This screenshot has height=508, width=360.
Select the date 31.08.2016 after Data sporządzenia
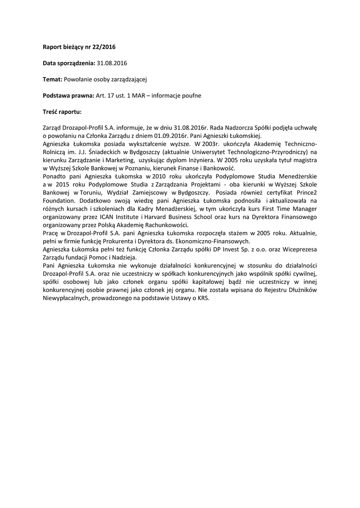[x=112, y=63]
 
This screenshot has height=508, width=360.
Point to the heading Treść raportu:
[x=62, y=111]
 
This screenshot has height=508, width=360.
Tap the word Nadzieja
[x=124, y=257]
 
